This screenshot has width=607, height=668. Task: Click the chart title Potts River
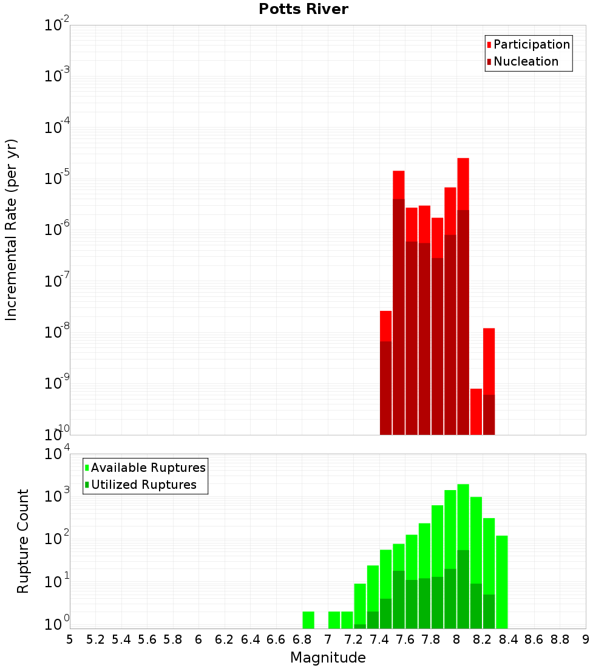303,9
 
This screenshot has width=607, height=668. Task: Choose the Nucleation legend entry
526,61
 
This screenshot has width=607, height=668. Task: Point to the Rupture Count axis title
23,540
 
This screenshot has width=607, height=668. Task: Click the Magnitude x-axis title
328,658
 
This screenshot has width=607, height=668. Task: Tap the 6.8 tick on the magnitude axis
302,639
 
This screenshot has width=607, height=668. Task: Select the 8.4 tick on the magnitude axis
508,639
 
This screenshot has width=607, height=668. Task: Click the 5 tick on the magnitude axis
70,639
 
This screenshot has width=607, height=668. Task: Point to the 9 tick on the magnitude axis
586,639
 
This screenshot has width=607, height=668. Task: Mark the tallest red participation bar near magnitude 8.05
463,182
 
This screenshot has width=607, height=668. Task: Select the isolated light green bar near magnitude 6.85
308,619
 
